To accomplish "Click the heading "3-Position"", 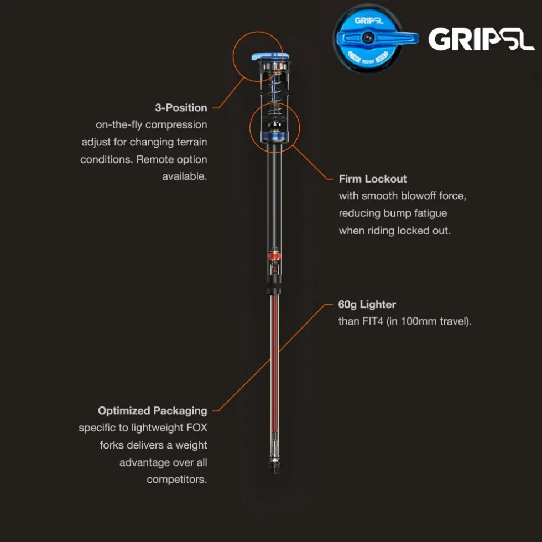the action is point(181,107).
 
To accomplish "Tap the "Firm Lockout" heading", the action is point(373,179).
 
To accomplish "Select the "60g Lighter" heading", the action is point(367,304).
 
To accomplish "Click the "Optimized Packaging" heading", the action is point(153,410).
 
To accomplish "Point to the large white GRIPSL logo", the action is point(481,39).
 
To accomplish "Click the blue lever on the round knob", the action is point(377,38).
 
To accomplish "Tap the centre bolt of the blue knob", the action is point(368,38).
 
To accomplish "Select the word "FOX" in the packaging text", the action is point(197,428).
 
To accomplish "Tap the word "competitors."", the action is point(176,480).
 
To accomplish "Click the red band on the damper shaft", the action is point(275,256).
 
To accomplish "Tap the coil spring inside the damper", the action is point(275,94).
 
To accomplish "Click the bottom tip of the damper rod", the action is point(275,472).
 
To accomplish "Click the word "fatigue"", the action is point(430,213).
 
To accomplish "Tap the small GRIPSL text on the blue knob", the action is point(368,21).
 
